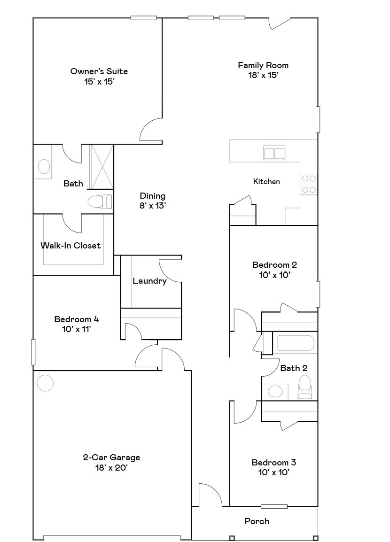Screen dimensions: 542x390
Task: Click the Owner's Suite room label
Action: click(99, 71)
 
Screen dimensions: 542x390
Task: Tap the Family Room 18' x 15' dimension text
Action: click(263, 75)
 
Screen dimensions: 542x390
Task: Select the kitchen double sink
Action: click(274, 154)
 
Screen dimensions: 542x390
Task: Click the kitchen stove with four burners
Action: click(309, 184)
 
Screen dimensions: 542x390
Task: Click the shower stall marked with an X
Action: click(101, 167)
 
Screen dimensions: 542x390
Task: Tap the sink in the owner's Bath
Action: click(44, 166)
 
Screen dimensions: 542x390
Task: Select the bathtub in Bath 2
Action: click(295, 343)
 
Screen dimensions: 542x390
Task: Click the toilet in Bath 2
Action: click(305, 387)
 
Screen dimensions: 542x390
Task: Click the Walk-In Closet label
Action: click(70, 245)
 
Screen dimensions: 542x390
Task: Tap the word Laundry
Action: click(149, 281)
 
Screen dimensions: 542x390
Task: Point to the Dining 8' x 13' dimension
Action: click(153, 205)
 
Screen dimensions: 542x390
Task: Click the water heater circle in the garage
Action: click(45, 383)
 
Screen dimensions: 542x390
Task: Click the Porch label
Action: click(257, 521)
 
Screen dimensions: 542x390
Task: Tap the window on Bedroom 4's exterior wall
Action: click(33, 352)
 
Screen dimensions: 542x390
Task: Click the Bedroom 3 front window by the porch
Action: click(274, 506)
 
